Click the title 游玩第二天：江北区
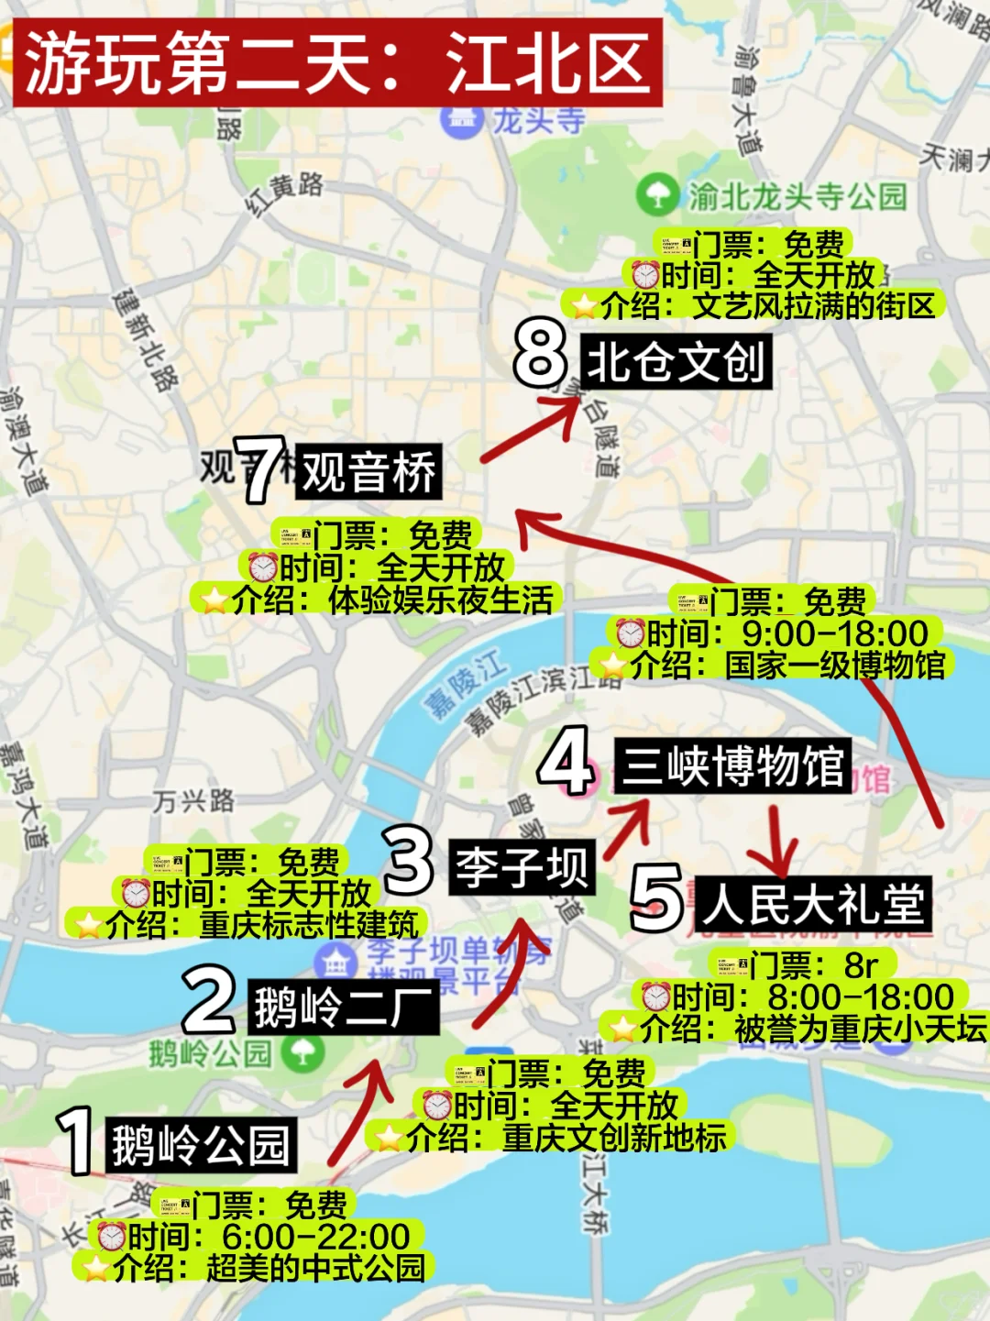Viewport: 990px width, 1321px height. (x=336, y=62)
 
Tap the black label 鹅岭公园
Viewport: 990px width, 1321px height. (x=201, y=1145)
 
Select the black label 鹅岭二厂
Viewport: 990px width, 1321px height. (x=343, y=1007)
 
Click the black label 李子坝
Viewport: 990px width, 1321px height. (x=522, y=866)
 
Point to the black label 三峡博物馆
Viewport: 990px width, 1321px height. (x=732, y=765)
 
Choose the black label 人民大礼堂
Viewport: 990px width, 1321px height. (x=813, y=905)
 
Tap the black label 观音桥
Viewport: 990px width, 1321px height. (x=368, y=472)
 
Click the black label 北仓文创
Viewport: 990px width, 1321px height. (x=676, y=361)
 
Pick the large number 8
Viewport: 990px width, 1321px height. (x=540, y=352)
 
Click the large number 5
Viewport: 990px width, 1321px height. (x=656, y=897)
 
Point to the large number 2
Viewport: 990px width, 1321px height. (x=209, y=1000)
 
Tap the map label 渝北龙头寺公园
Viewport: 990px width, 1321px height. (x=797, y=195)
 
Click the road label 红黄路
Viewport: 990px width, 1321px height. (x=285, y=192)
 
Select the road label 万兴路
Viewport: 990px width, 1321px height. (x=193, y=801)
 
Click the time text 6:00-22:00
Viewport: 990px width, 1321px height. (x=315, y=1237)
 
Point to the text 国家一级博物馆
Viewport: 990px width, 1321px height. (x=835, y=665)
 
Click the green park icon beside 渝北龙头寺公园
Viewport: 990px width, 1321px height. (x=656, y=194)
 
